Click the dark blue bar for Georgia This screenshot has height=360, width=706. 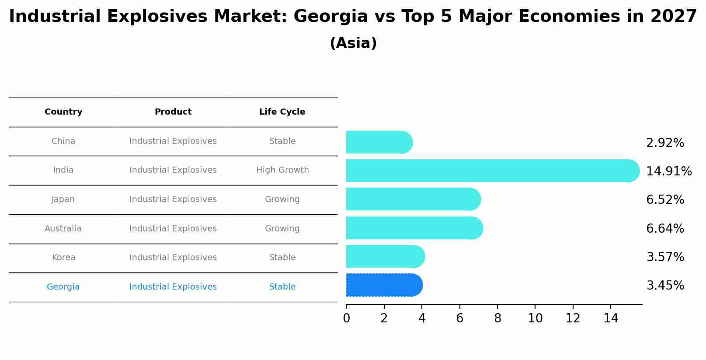coord(384,285)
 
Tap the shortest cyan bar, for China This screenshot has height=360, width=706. coord(379,142)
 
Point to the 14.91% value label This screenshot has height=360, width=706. coord(668,171)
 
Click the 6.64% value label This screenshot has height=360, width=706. coord(665,228)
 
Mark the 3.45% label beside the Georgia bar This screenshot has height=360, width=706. coord(665,286)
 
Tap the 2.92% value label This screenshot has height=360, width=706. coord(665,143)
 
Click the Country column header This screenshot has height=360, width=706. coord(63,112)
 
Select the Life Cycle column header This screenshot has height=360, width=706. coord(282,112)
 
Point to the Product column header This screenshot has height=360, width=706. coord(173,112)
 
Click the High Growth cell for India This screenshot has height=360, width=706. coord(282,170)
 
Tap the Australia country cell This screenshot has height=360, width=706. coord(63,229)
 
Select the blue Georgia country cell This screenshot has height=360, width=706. coord(63,287)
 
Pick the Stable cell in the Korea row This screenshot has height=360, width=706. coord(282,258)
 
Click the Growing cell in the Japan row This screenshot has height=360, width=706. coord(282,199)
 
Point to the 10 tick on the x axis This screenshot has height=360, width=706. coord(535,318)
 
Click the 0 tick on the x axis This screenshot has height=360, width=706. coord(346,318)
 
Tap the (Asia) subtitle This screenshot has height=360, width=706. coord(353,43)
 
